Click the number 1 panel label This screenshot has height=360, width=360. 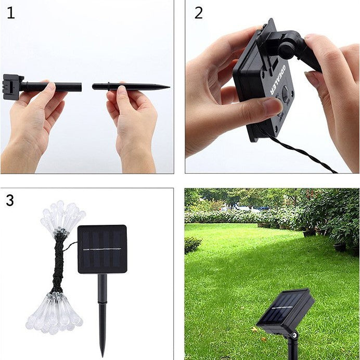(x=11, y=13)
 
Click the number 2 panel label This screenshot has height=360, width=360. (x=199, y=13)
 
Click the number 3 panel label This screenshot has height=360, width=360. (x=10, y=200)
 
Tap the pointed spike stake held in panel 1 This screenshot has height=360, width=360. (x=131, y=87)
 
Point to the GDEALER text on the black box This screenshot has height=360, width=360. (x=277, y=79)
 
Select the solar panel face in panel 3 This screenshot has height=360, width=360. (x=102, y=249)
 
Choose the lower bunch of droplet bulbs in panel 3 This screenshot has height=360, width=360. (x=54, y=313)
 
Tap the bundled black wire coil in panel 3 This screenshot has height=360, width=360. (x=59, y=264)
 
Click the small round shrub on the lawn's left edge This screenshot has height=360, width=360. (x=192, y=245)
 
